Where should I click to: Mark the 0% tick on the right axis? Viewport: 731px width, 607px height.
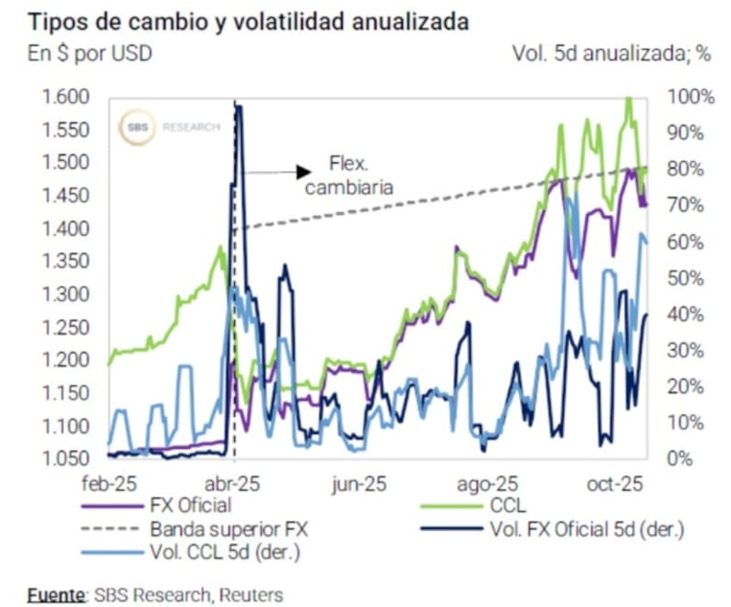pyautogui.click(x=681, y=459)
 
